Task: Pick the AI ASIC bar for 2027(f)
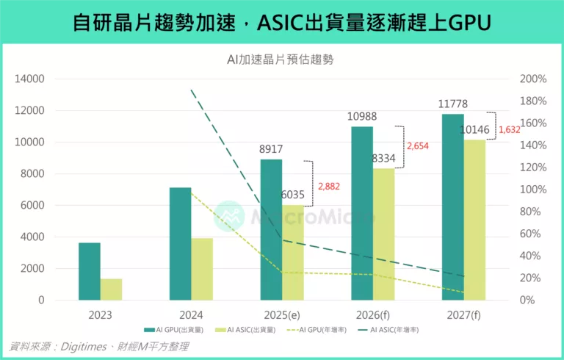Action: (474, 220)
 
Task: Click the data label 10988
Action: (361, 118)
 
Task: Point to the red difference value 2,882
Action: (330, 187)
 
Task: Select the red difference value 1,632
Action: (509, 130)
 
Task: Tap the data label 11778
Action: (452, 104)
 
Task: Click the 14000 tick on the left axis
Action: (30, 79)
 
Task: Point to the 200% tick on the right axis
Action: (533, 79)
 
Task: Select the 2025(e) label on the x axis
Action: (281, 314)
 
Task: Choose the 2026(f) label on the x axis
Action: (372, 314)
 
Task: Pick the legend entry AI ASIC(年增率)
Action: (393, 330)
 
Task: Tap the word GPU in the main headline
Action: (468, 23)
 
